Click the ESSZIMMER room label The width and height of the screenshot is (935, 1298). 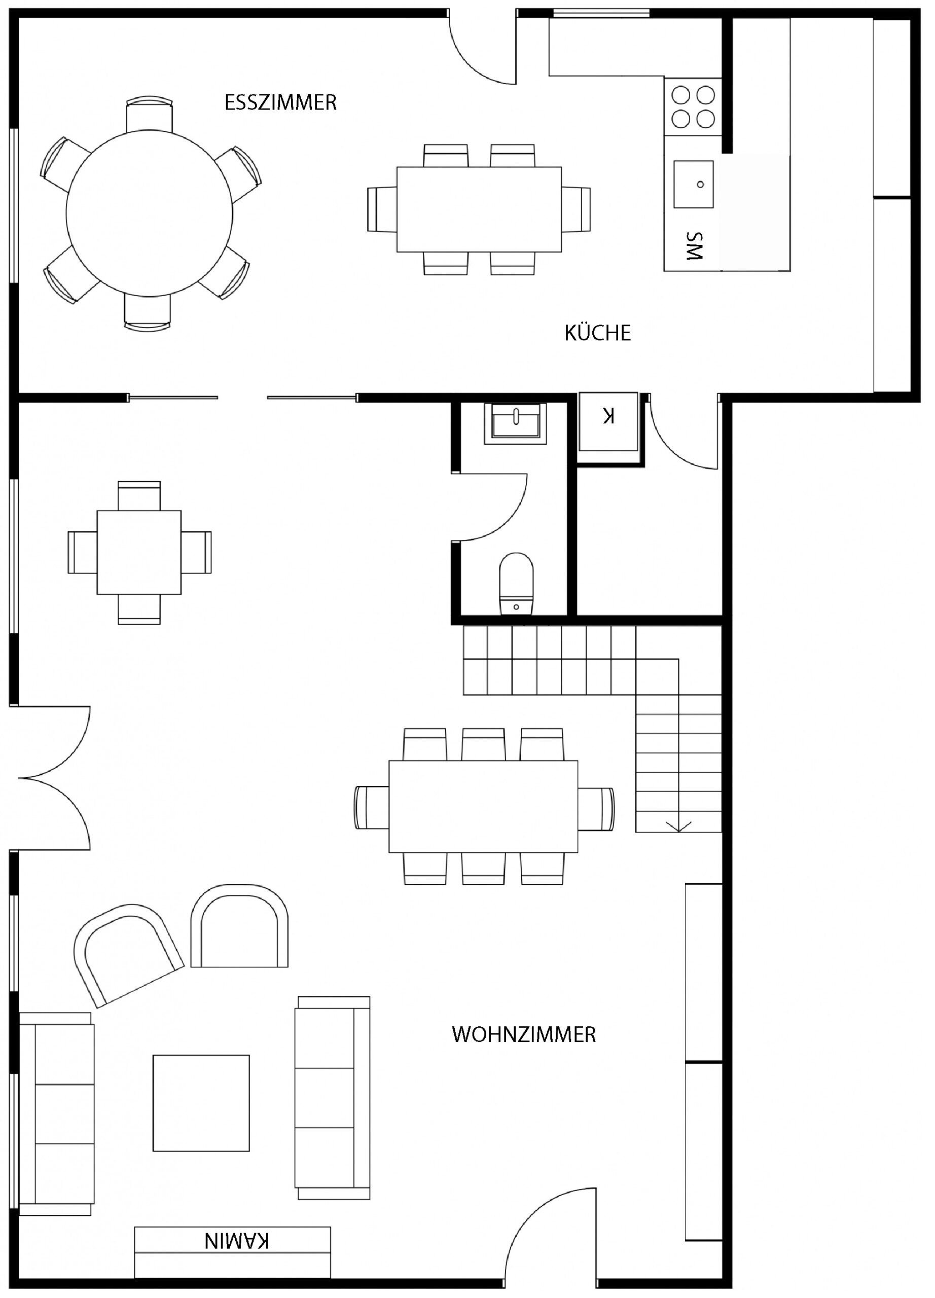click(x=280, y=102)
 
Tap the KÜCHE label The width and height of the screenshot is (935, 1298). click(x=597, y=333)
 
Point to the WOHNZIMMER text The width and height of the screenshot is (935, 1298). click(x=524, y=1034)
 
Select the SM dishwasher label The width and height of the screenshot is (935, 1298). click(x=694, y=246)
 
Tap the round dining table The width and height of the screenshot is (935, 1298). click(x=150, y=213)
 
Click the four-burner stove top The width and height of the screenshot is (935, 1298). click(x=693, y=106)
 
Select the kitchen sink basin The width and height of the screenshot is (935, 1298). click(x=694, y=184)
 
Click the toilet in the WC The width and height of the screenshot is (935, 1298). click(x=516, y=584)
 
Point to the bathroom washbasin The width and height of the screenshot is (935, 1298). click(x=515, y=423)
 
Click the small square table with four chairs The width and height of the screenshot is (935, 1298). click(x=139, y=553)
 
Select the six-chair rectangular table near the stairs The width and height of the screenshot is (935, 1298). click(x=484, y=806)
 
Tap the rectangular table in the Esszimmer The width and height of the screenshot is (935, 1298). click(x=479, y=209)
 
